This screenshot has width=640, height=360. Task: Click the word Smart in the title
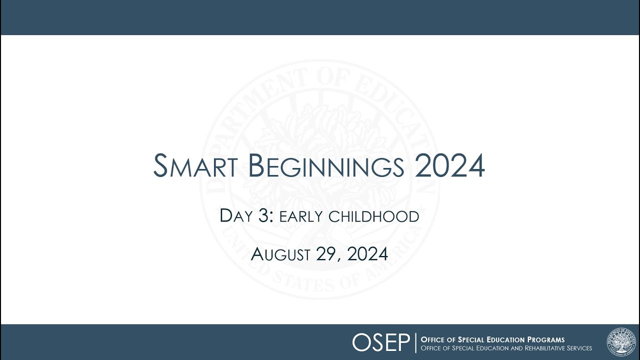(x=195, y=166)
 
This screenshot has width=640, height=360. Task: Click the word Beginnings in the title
(x=325, y=166)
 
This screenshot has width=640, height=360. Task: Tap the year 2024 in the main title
(x=449, y=166)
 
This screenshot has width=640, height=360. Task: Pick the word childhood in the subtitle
(x=373, y=217)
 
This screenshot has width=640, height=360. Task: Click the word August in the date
(x=280, y=254)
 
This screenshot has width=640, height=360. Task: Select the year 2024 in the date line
(x=367, y=254)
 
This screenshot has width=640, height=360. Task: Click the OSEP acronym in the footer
(x=381, y=342)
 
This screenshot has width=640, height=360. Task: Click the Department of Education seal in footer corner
(x=622, y=342)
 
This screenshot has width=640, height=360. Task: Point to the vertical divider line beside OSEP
(x=415, y=342)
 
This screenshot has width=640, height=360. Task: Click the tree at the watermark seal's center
(x=320, y=165)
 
